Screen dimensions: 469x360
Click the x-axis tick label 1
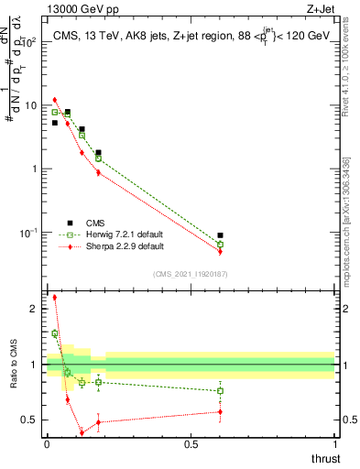334,443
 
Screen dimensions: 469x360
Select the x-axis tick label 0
47,443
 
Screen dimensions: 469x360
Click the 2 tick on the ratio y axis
36,309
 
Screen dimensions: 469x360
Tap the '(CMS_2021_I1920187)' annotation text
190,274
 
